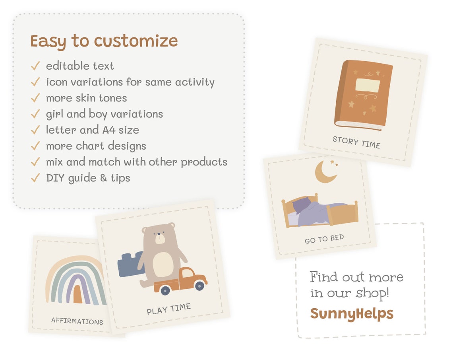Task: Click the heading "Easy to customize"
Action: tap(104, 41)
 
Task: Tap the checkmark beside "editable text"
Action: tap(35, 66)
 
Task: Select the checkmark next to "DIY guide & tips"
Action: tap(35, 178)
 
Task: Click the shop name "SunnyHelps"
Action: tap(352, 313)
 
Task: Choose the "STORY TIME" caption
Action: tap(356, 142)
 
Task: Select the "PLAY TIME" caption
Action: tap(168, 309)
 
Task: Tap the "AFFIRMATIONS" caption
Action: tap(77, 321)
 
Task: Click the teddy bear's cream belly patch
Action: tap(163, 265)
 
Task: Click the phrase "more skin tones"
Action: tap(86, 98)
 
